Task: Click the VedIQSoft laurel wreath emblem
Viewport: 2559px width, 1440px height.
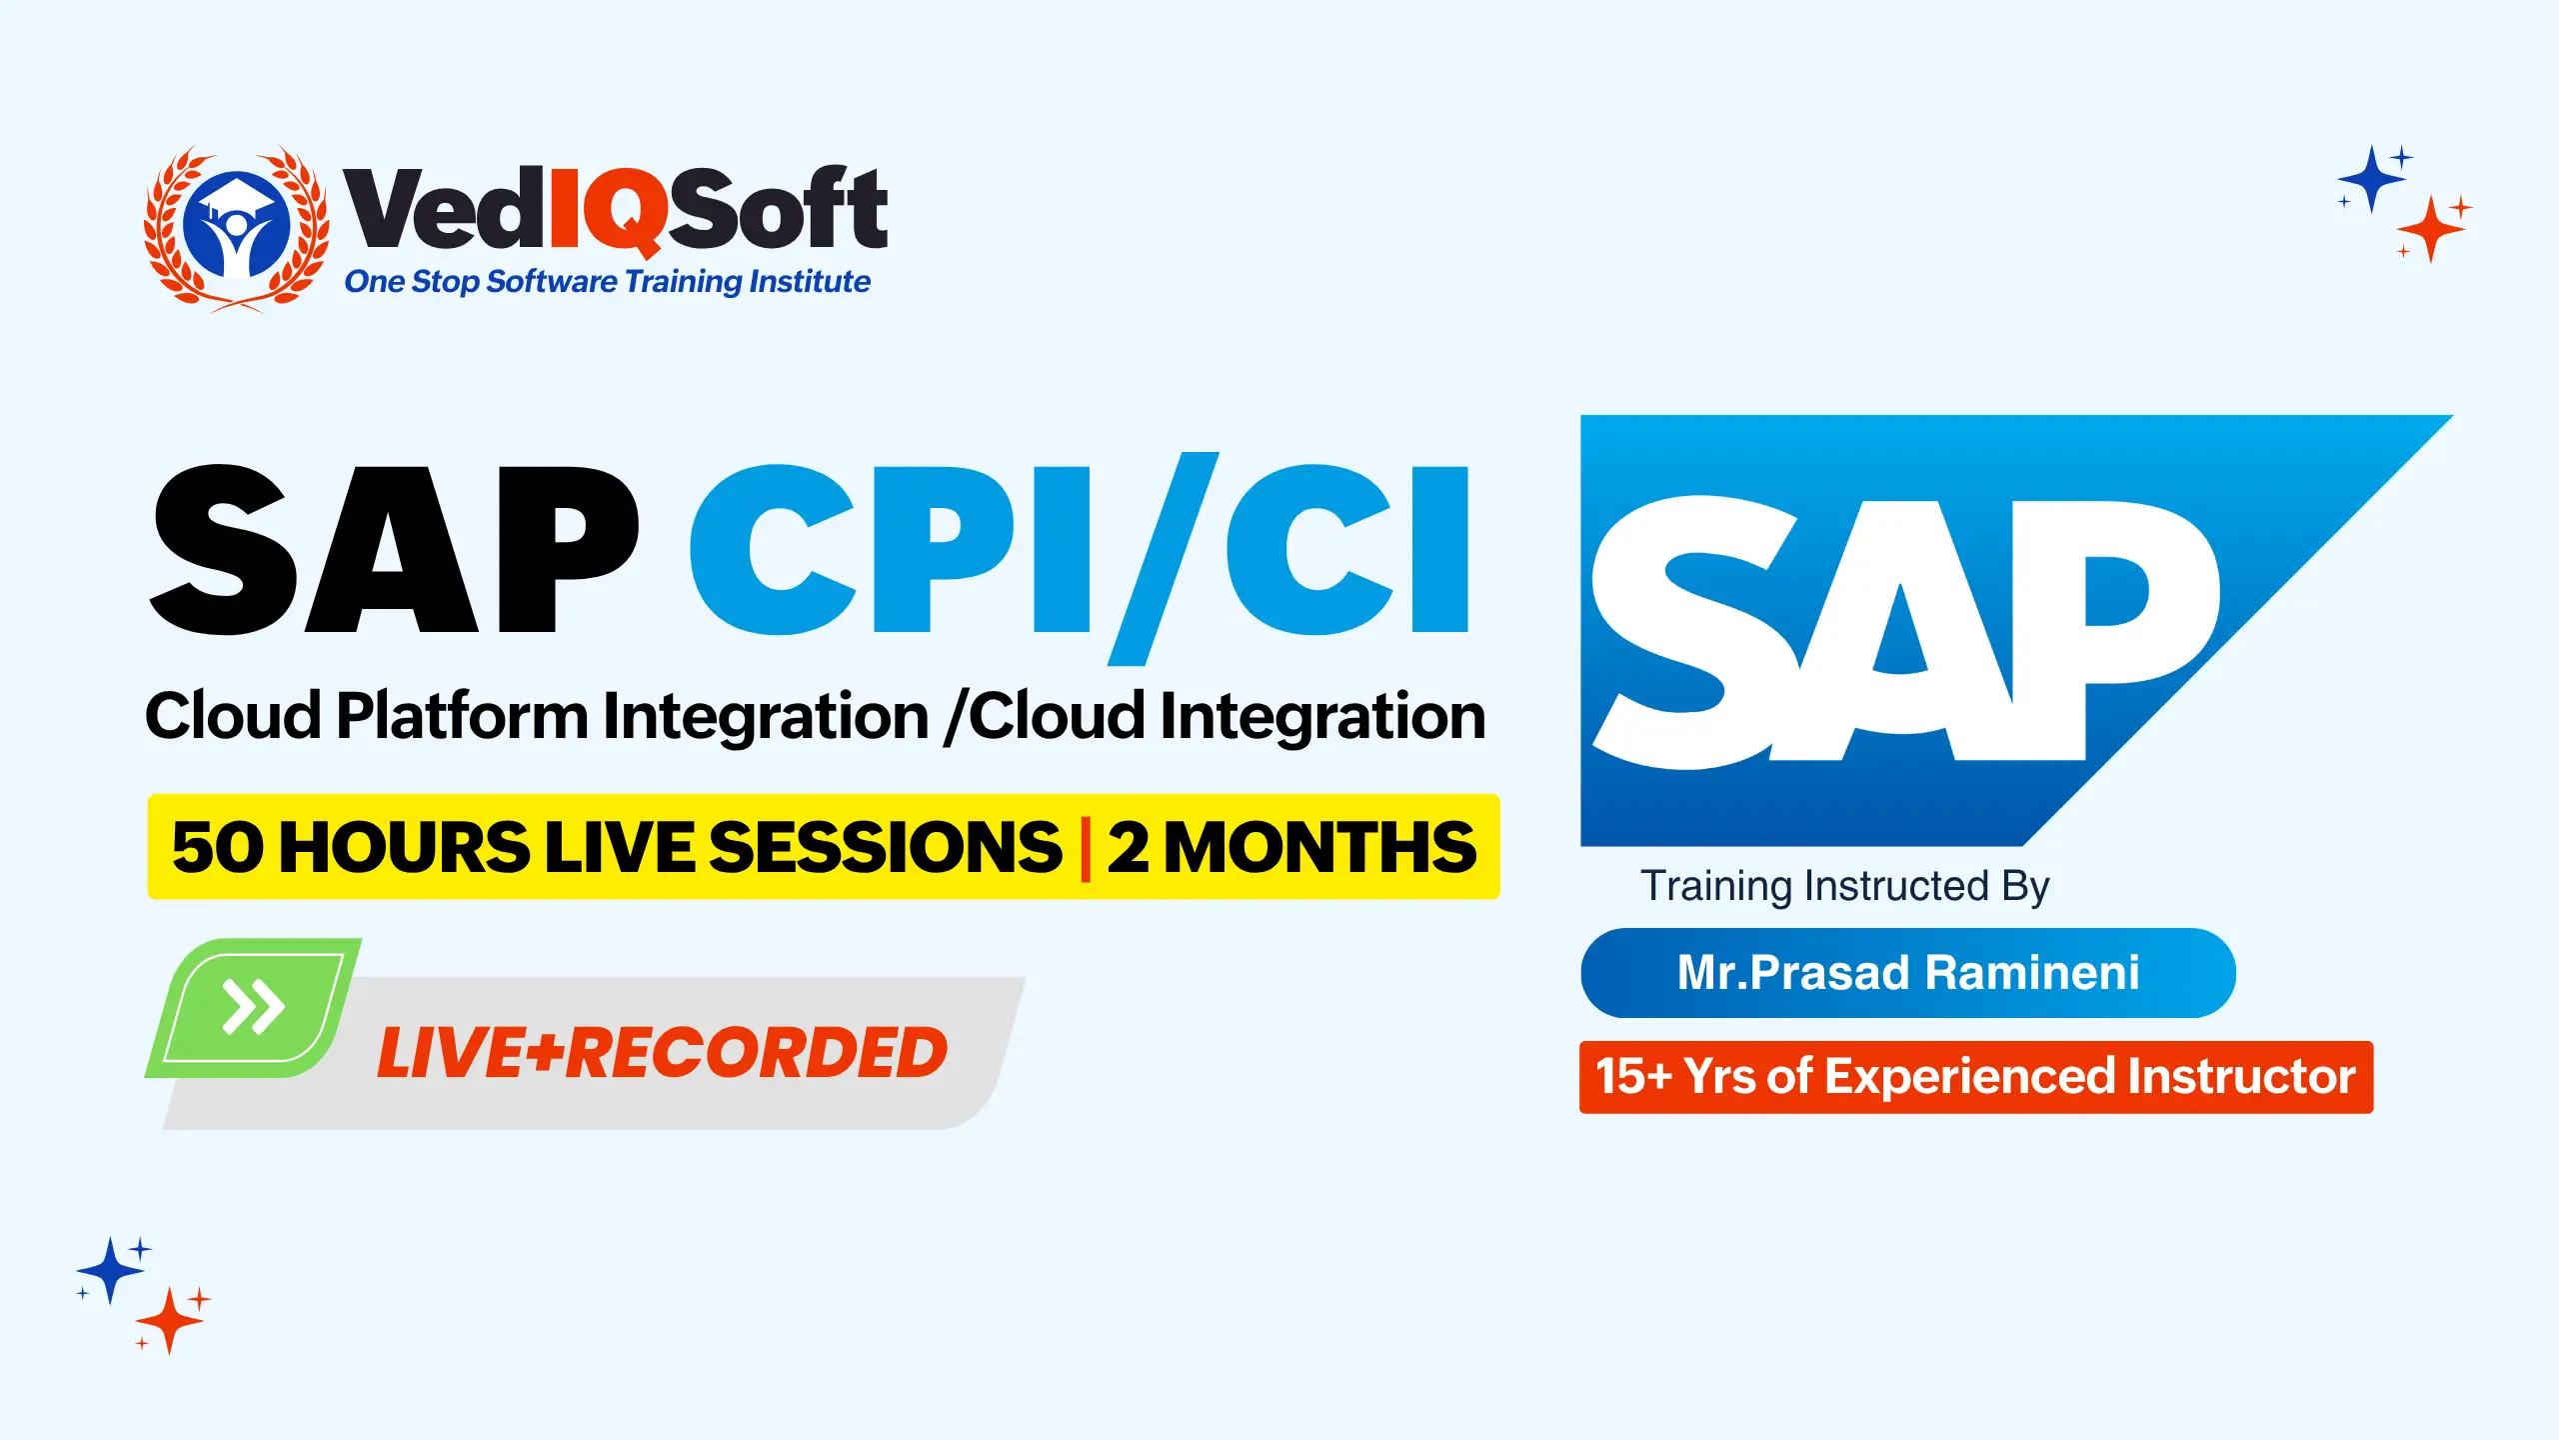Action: [x=237, y=229]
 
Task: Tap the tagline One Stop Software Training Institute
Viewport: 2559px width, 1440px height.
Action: [x=607, y=282]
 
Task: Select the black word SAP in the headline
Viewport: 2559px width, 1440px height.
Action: [x=394, y=549]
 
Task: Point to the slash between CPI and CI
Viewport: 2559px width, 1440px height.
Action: [x=1164, y=558]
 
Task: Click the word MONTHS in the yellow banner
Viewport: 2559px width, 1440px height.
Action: [x=1319, y=848]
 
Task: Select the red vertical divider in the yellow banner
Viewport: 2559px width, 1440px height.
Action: [x=1086, y=848]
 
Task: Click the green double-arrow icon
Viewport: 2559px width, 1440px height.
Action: [x=254, y=1007]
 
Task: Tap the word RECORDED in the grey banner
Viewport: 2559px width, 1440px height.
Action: [x=757, y=1053]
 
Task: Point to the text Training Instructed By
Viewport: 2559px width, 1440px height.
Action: [x=1845, y=887]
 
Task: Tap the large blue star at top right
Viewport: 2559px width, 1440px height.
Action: [x=2370, y=179]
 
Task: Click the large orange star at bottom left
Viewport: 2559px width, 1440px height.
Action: [x=169, y=1321]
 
